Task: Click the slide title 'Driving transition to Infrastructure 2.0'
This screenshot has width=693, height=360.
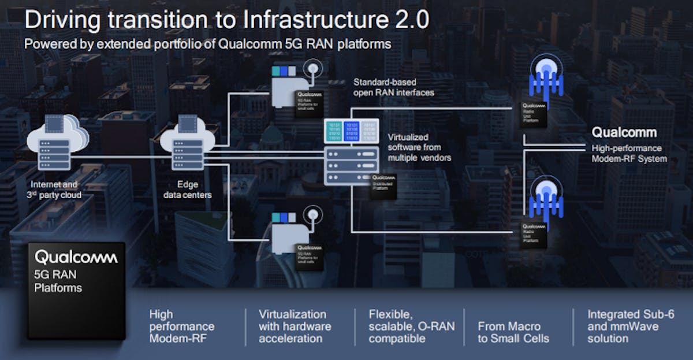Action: click(226, 20)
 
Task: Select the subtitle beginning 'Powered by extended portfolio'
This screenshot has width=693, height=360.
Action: click(207, 44)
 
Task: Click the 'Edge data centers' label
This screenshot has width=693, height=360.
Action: click(187, 190)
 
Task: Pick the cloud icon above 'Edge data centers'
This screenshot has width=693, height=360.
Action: click(187, 145)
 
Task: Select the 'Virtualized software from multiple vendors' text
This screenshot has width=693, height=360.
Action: click(419, 147)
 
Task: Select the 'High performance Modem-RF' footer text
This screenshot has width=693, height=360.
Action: click(182, 326)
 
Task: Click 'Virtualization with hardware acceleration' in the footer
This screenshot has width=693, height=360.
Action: click(295, 326)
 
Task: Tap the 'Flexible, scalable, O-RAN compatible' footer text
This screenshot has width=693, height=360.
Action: click(411, 326)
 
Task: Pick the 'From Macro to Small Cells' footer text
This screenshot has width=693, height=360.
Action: click(513, 332)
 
